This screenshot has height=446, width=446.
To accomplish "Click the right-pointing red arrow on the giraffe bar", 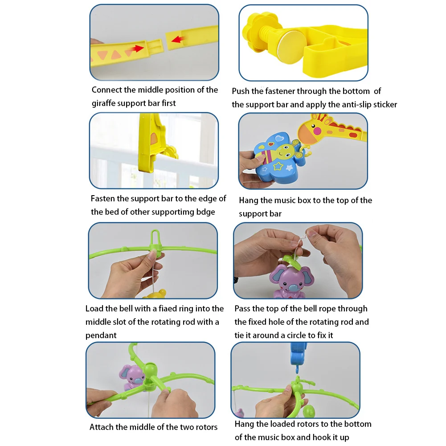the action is point(137,49).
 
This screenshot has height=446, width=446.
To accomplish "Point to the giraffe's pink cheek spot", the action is point(317,131).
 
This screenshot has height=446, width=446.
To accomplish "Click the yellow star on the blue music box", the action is point(278,166).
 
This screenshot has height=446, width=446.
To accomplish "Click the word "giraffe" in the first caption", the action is point(103,103).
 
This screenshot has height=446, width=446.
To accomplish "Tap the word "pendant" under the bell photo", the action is point(101,336).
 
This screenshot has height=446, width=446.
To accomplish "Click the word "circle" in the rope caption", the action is point(304,336).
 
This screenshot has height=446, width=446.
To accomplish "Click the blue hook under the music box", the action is point(297,369).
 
